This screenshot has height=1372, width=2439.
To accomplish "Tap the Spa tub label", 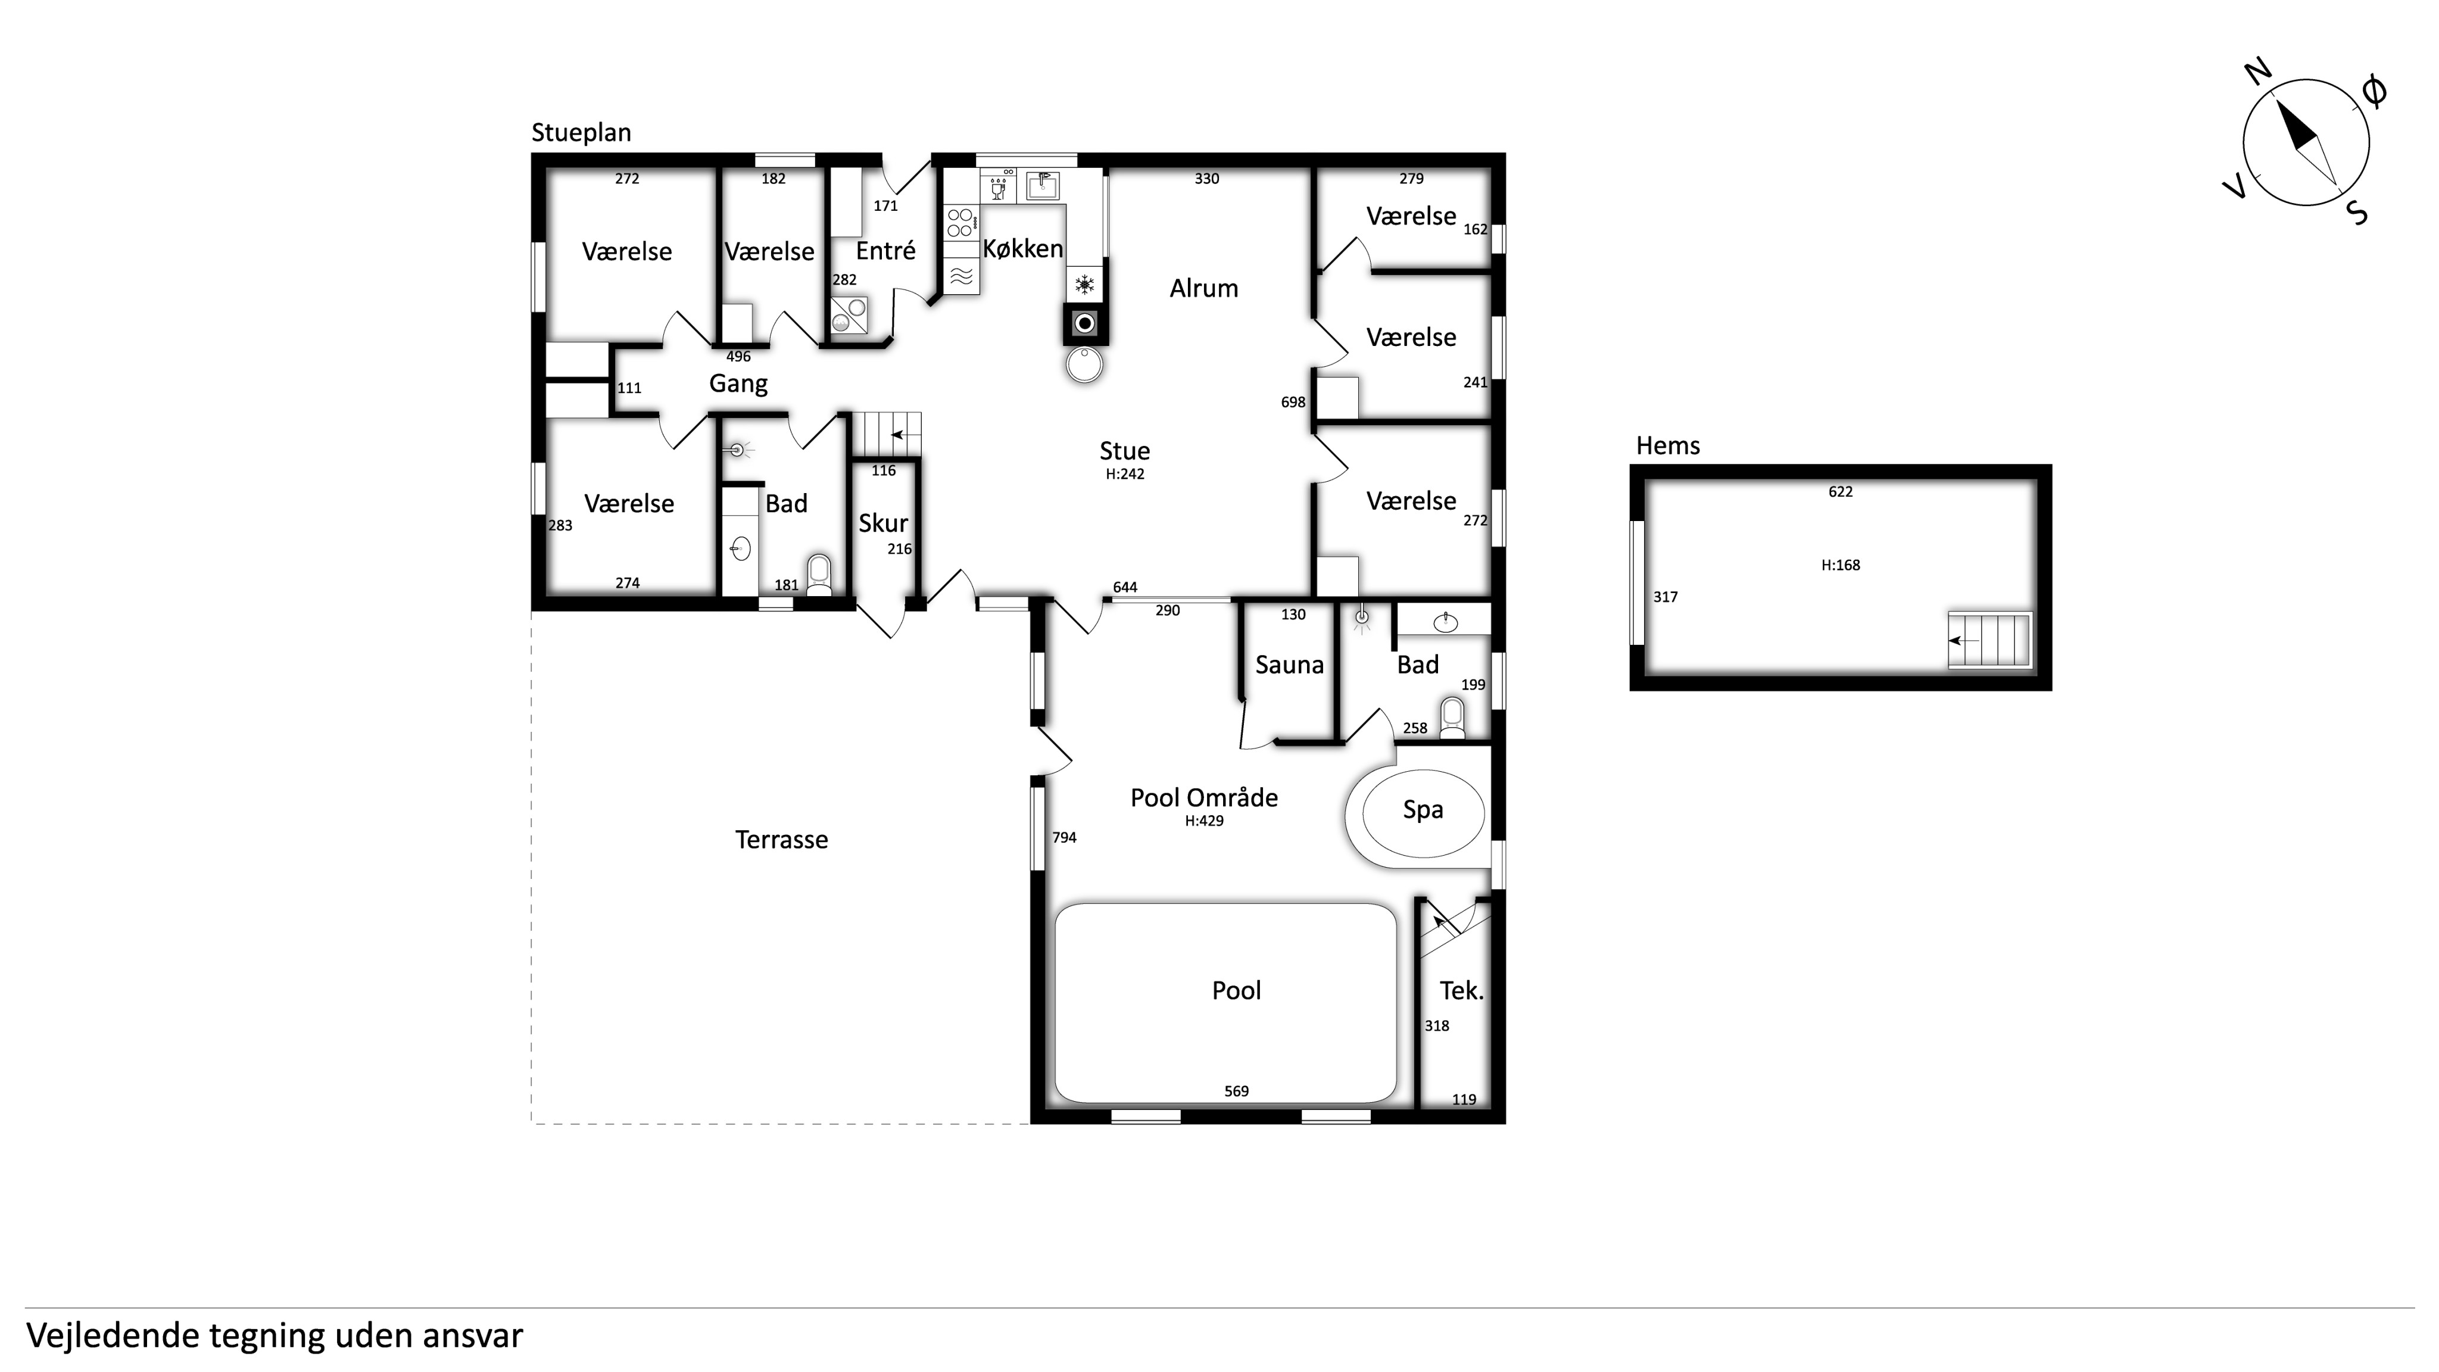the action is [1423, 810].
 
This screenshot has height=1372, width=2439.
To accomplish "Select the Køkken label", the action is [1022, 248].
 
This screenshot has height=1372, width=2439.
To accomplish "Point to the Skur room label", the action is [884, 523].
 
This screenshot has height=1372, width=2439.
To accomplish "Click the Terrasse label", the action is [782, 840].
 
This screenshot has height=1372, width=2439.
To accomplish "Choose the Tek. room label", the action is [1461, 990].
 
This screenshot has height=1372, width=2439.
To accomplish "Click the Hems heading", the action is [1668, 446].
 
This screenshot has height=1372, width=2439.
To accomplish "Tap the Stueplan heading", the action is [581, 133].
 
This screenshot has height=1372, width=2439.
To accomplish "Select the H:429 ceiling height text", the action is [1205, 821].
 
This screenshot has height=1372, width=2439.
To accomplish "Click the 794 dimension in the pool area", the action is [1064, 837].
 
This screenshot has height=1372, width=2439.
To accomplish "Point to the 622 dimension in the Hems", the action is [1841, 491].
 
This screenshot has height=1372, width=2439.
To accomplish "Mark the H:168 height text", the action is [1841, 565].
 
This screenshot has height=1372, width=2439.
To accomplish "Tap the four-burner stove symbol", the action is [960, 223].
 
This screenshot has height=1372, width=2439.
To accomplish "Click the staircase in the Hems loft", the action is [1990, 640].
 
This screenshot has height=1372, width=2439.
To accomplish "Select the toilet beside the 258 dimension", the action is [1452, 719].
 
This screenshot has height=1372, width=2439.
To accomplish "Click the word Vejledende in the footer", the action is [113, 1336].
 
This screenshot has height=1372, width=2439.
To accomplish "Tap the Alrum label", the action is [1203, 288].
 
